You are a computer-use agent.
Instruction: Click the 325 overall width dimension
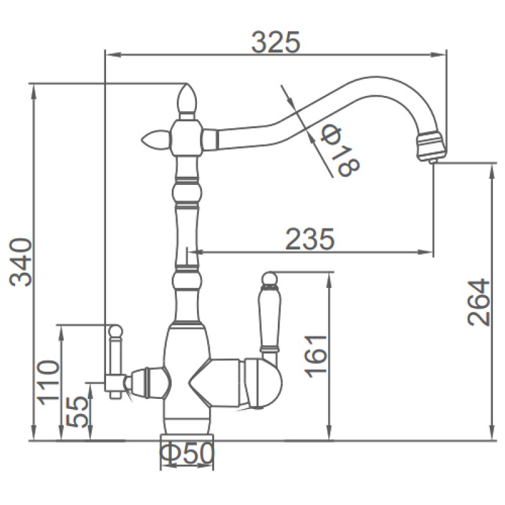(276, 42)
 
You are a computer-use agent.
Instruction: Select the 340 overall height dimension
(21, 262)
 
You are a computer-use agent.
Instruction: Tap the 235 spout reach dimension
(310, 239)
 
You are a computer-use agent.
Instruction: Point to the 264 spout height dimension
(478, 302)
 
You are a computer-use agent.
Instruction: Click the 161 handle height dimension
(316, 356)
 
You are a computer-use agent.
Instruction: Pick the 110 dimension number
(49, 383)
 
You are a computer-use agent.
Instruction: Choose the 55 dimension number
(76, 412)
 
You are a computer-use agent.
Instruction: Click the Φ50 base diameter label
(187, 454)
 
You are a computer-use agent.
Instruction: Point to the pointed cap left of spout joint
(155, 139)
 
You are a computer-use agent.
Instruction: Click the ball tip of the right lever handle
(270, 279)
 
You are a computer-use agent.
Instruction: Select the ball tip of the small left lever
(116, 331)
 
